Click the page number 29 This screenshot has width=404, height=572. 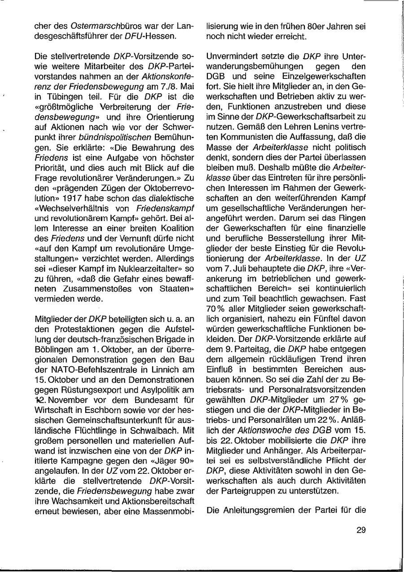click(x=361, y=530)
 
